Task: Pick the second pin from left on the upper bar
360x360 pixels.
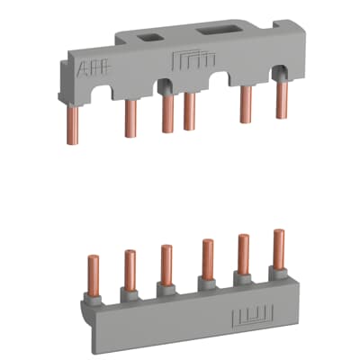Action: [x=130, y=116]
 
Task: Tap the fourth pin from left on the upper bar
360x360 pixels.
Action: [x=189, y=110]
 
